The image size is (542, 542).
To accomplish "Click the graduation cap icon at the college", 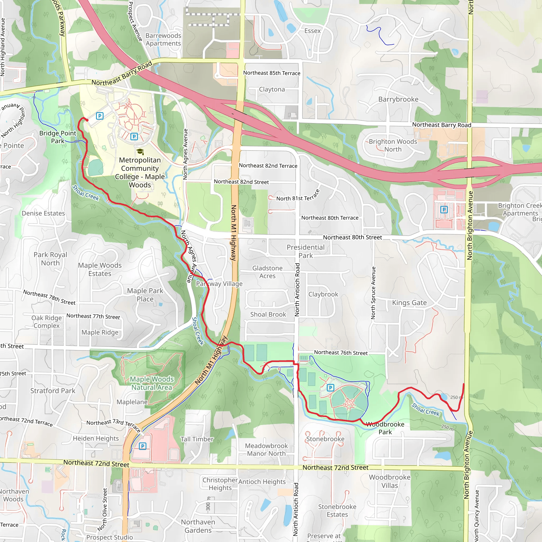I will point(140,152).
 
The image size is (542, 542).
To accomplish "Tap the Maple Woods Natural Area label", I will point(151,383).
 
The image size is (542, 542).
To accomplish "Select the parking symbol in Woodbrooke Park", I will point(331,388).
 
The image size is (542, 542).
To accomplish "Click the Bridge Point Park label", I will point(57,137).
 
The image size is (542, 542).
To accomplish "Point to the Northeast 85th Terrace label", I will point(272,73).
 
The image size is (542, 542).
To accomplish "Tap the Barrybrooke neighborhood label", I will point(398,99).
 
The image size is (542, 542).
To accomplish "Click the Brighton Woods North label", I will point(393,145).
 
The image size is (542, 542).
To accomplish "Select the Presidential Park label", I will point(305,251).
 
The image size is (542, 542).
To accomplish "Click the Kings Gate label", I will point(409,303).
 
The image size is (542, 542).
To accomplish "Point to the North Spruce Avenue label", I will point(373,293).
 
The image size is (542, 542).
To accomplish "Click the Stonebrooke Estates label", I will point(337,511).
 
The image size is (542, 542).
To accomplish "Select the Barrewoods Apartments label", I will point(163,39).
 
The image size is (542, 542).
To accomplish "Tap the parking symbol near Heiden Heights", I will point(143,446).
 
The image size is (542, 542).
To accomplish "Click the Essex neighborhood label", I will point(312,31).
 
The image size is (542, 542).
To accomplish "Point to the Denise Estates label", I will point(43,213).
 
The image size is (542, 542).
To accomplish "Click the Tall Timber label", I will point(197,439).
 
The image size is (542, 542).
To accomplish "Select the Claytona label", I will point(272,89).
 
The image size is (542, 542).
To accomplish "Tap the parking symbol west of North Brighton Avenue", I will point(444,209).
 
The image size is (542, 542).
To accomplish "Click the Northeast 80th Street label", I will point(352,237).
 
